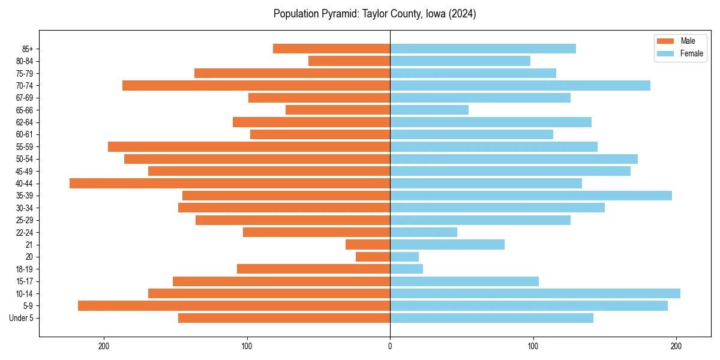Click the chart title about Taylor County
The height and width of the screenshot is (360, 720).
click(x=374, y=14)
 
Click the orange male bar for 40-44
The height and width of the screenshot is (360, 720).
click(x=230, y=183)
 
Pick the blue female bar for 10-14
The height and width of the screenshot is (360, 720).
click(x=535, y=293)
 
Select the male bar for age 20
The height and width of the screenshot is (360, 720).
click(x=373, y=257)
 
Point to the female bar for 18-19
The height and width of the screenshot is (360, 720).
click(x=406, y=269)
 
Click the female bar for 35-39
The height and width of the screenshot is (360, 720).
click(x=531, y=196)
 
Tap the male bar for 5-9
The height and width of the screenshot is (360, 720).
click(x=234, y=305)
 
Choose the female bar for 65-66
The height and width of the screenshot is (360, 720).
click(x=429, y=110)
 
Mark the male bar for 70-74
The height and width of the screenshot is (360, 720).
click(x=256, y=85)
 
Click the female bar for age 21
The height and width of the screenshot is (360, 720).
click(x=447, y=244)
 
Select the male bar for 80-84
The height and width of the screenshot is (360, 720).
click(x=349, y=61)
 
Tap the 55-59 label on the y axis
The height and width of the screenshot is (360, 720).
click(x=25, y=146)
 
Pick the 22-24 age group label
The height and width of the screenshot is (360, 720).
click(x=25, y=232)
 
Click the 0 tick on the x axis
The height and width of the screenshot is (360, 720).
click(x=390, y=346)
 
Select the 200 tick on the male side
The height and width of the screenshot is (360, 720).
click(x=104, y=346)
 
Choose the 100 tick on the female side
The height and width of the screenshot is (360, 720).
click(x=533, y=346)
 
